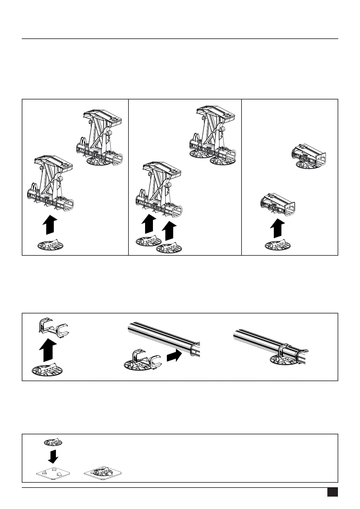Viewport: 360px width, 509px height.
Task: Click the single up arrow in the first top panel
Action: tap(48, 225)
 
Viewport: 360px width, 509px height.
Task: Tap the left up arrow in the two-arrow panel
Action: tap(148, 224)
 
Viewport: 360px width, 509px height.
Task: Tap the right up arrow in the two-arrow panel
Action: tap(169, 231)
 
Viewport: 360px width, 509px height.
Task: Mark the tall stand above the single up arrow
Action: tap(50, 184)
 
